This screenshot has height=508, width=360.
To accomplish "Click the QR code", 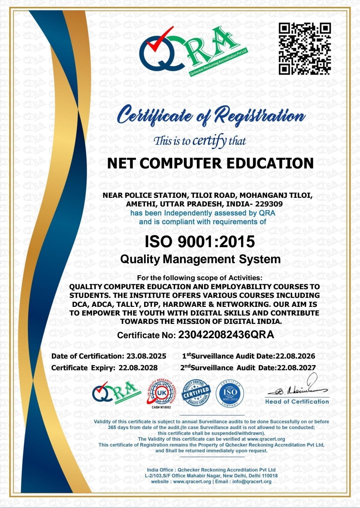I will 305,49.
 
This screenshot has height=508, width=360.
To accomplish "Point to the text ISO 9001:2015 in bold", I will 200,241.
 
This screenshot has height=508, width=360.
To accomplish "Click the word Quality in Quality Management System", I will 140,259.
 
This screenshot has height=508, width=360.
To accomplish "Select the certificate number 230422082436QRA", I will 226,335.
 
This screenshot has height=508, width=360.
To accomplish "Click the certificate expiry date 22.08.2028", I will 138,368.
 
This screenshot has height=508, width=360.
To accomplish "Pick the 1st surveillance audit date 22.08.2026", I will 295,356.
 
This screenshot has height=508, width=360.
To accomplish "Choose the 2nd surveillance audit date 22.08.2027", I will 296,368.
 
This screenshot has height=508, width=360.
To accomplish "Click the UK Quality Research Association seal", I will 162,393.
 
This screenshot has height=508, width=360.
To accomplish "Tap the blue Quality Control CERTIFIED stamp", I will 196,393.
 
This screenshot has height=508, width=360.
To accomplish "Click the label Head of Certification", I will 297,402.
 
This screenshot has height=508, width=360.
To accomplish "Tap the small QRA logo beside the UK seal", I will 115,393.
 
